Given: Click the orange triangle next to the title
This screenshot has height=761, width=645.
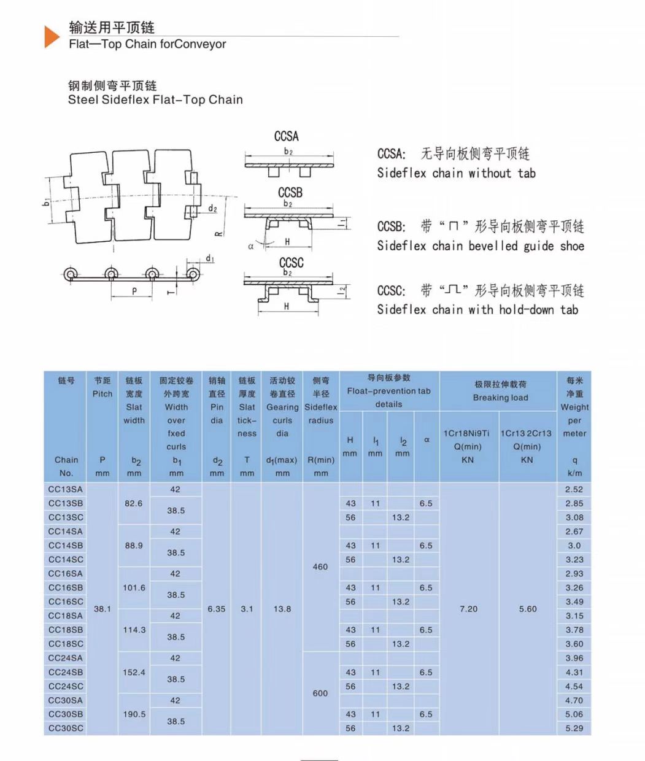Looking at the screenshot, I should (x=52, y=37).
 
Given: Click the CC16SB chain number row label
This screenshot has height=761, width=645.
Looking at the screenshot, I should (x=66, y=588).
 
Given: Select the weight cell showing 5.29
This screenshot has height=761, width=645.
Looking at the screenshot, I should (x=574, y=728).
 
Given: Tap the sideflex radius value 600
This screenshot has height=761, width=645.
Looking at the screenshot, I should (x=320, y=693).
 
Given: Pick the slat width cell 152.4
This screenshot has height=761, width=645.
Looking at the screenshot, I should (x=134, y=673).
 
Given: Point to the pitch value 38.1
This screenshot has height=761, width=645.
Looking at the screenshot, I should (x=102, y=609).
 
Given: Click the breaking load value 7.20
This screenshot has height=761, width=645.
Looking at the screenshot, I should (x=469, y=609).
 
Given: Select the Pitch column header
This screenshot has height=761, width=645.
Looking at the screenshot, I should (x=102, y=394).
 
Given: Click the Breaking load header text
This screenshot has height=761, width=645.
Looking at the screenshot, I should (x=500, y=398).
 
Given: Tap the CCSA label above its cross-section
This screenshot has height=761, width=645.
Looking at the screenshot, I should (x=287, y=136).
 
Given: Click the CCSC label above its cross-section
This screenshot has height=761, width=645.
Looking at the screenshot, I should (x=291, y=262).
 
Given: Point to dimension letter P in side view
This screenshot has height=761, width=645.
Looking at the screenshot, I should (x=134, y=292).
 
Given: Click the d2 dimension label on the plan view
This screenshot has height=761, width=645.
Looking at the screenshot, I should (x=212, y=209).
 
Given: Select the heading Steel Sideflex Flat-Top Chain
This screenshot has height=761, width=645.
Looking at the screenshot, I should (x=155, y=100).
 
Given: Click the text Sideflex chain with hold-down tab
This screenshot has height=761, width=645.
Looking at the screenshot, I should (x=477, y=310).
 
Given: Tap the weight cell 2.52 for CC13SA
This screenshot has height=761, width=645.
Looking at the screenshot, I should (x=574, y=490).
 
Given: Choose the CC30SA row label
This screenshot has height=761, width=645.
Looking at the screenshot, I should (x=66, y=700).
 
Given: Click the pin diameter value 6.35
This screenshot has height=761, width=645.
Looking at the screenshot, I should (x=217, y=609).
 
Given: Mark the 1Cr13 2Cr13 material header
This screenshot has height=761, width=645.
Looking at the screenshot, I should (x=527, y=433).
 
